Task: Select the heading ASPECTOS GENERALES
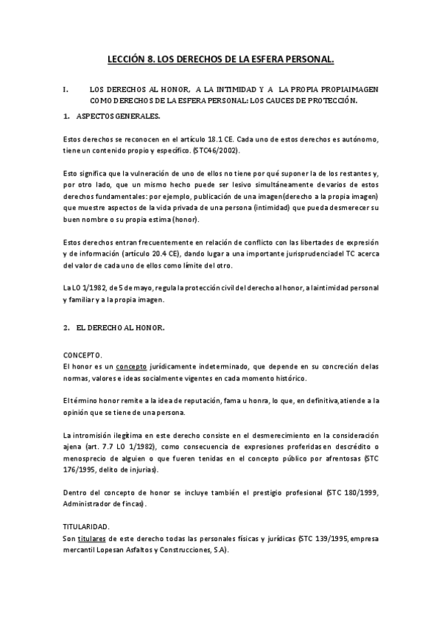(118, 116)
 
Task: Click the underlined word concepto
(112, 366)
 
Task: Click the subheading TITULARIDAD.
(86, 526)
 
